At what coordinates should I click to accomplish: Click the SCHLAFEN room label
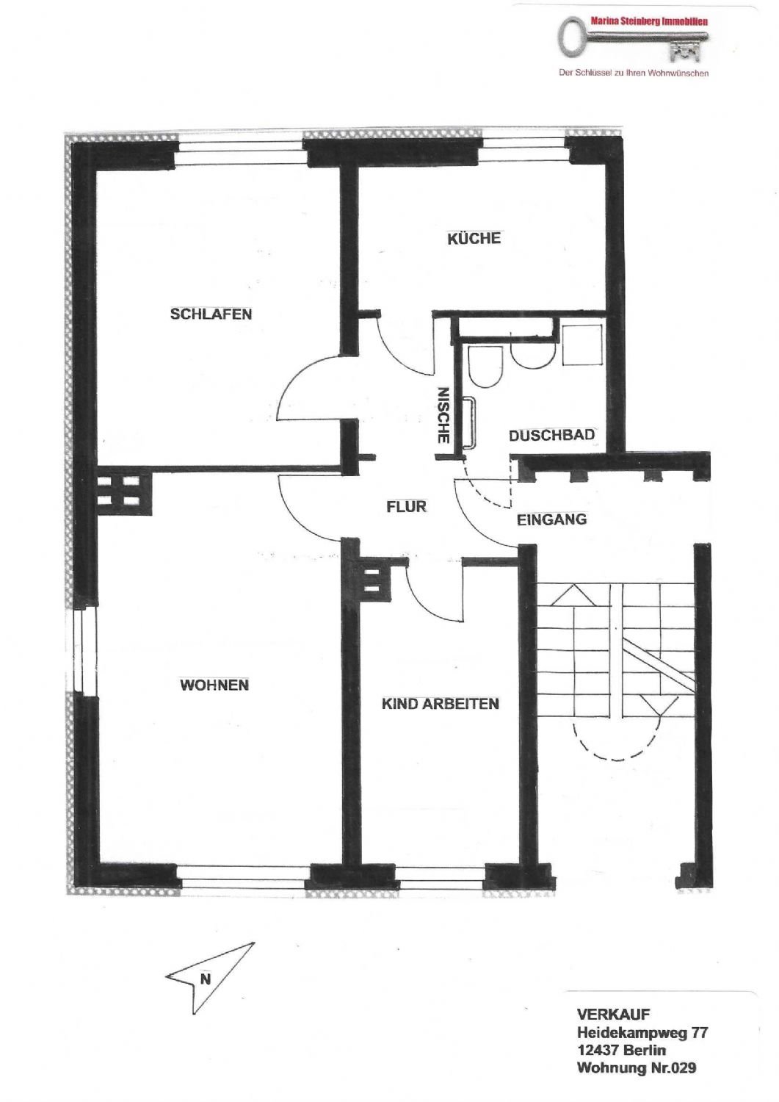211,314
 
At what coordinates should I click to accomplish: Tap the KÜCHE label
474,239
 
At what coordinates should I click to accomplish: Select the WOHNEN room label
214,685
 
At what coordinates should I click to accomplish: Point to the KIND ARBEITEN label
440,704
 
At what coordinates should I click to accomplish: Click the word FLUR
406,506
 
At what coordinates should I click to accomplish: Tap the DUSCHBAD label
552,436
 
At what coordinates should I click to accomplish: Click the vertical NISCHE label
443,416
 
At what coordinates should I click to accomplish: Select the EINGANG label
552,519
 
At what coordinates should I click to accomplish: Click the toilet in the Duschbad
485,367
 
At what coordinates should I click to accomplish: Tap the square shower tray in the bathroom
581,345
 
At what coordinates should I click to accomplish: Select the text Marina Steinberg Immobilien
649,21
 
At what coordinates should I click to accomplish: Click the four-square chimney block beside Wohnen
123,491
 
